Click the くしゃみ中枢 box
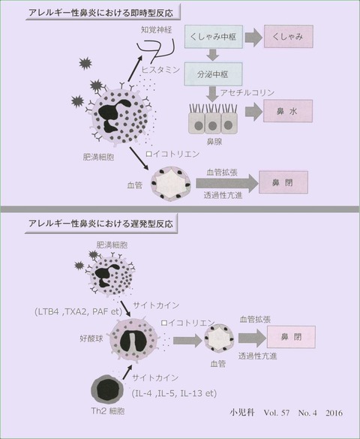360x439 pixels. point(214,37)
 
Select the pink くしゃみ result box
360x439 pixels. point(289,37)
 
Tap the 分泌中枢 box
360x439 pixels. point(213,74)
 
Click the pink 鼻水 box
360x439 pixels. point(287,111)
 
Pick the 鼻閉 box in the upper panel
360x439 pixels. point(283,182)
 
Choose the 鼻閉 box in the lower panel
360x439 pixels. point(291,337)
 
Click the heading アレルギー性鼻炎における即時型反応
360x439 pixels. point(101,13)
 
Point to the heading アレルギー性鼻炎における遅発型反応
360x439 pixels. point(101,224)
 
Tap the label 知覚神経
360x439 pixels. point(156,30)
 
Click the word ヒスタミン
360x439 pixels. point(160,70)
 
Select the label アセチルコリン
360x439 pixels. point(247,92)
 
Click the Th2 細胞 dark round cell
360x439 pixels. point(107,390)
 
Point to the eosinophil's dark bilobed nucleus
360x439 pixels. point(133,341)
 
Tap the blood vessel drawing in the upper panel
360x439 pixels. point(171,183)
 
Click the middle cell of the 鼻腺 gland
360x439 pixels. point(213,123)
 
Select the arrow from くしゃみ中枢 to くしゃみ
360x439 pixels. point(253,38)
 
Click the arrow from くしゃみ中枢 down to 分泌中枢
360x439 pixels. point(213,55)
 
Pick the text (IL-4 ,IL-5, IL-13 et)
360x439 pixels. point(174,393)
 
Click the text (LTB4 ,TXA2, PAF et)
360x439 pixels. point(79,311)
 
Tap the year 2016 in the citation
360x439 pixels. point(334,413)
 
